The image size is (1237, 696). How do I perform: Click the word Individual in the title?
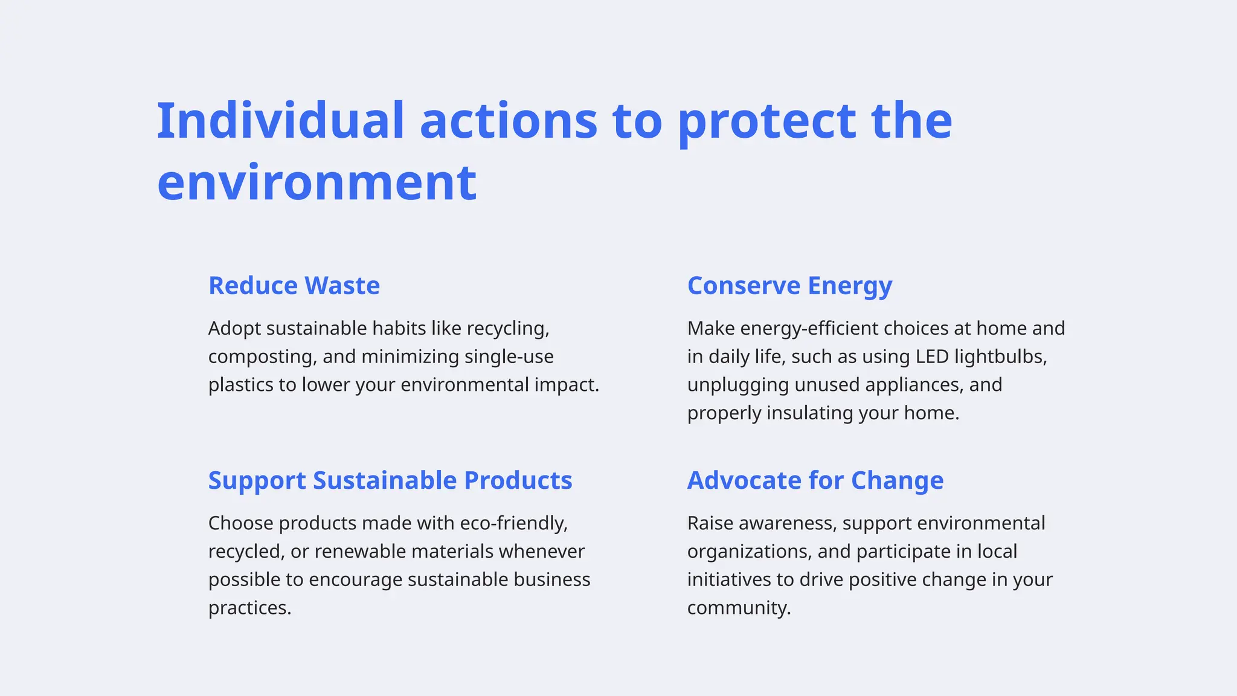tap(280, 121)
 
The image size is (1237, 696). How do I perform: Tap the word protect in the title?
tap(766, 121)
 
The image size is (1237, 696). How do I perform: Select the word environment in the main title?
tap(316, 182)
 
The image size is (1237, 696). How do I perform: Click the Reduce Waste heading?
tap(294, 286)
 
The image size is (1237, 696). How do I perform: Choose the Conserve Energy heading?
tap(789, 286)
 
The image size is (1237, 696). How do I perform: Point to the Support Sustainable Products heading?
tap(390, 480)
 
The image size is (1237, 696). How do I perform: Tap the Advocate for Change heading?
tap(815, 480)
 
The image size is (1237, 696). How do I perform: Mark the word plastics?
tap(240, 385)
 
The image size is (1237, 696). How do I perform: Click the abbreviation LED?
tap(933, 357)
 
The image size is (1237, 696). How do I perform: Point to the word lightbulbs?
tap(1001, 357)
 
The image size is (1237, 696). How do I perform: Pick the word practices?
tap(249, 608)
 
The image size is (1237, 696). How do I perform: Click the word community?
tap(739, 608)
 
